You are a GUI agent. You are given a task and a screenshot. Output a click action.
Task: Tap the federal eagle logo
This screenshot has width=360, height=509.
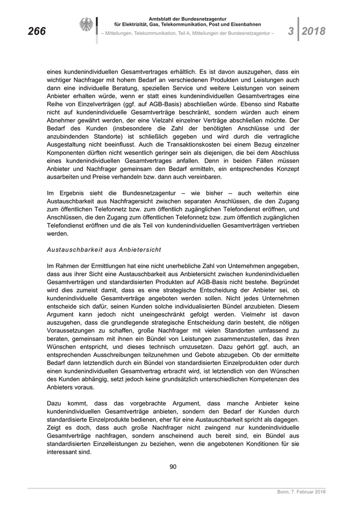[86, 25]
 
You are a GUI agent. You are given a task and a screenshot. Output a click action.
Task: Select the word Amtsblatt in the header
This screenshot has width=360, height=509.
[162, 19]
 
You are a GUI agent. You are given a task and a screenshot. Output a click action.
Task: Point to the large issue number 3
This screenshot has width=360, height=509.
[291, 31]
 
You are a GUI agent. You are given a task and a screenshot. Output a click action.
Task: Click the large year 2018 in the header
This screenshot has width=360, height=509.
[313, 31]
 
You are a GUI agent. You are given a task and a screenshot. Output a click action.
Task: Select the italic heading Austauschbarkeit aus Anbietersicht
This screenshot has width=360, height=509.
[104, 249]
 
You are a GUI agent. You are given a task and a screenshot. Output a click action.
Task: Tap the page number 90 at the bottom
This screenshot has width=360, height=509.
[173, 467]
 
